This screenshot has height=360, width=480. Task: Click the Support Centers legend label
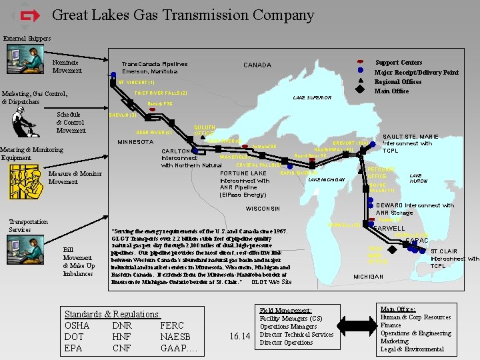(398, 62)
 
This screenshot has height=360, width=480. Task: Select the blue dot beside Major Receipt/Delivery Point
(360, 70)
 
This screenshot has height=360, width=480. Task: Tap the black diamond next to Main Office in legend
(360, 90)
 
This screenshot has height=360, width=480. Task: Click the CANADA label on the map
(257, 65)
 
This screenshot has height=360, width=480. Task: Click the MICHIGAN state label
(368, 276)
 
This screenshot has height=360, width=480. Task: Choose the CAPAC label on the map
(417, 240)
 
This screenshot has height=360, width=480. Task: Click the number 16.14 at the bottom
(239, 337)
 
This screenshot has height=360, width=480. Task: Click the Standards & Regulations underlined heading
(112, 314)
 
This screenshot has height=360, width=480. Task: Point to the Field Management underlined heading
(286, 311)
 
